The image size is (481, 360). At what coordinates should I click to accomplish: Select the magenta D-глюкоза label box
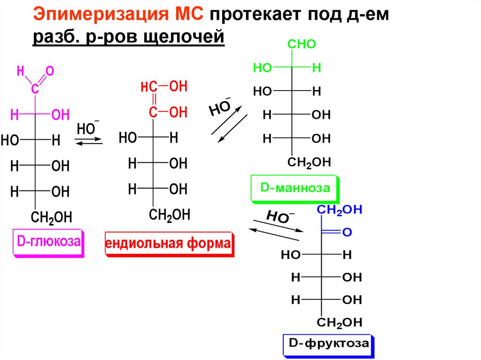48,243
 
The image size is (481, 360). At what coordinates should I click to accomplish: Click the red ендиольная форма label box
169,244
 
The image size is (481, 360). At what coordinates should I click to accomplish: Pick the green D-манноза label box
295,189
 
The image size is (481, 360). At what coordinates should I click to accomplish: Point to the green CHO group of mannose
301,45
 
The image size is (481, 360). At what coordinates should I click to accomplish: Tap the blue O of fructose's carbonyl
347,232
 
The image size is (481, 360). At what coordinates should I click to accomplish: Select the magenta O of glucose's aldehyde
50,71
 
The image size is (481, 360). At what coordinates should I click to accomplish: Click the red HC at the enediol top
148,87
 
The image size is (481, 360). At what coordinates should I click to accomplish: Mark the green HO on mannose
263,68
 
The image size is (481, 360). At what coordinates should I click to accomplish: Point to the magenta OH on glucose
60,115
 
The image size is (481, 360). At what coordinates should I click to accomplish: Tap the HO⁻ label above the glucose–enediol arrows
87,128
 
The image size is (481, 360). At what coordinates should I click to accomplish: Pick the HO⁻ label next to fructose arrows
280,216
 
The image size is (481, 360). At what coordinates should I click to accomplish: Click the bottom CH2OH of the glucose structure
52,217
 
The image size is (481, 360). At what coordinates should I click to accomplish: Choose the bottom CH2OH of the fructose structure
340,322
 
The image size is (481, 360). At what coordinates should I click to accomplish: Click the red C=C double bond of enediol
153,100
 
